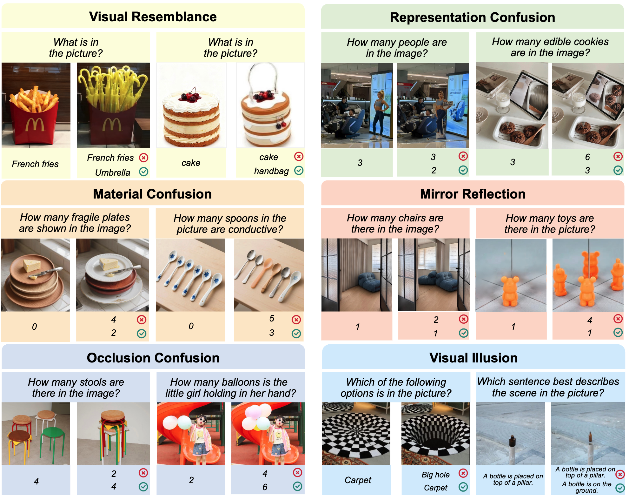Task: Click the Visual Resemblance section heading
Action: pos(153,17)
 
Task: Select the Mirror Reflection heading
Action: pos(473,194)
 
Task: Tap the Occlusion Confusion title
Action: pos(153,358)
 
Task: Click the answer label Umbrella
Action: pos(113,172)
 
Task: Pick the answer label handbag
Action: pos(271,171)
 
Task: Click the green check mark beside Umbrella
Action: pos(144,172)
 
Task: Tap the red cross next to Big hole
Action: pos(463,473)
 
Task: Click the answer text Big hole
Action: pos(435,475)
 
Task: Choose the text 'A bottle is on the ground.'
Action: pos(586,487)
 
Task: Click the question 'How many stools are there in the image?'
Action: pos(76,388)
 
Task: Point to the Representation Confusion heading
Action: pos(472,17)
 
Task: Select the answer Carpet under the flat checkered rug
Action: pos(358,480)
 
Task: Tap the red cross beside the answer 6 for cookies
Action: pos(618,156)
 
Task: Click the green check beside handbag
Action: pos(299,171)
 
